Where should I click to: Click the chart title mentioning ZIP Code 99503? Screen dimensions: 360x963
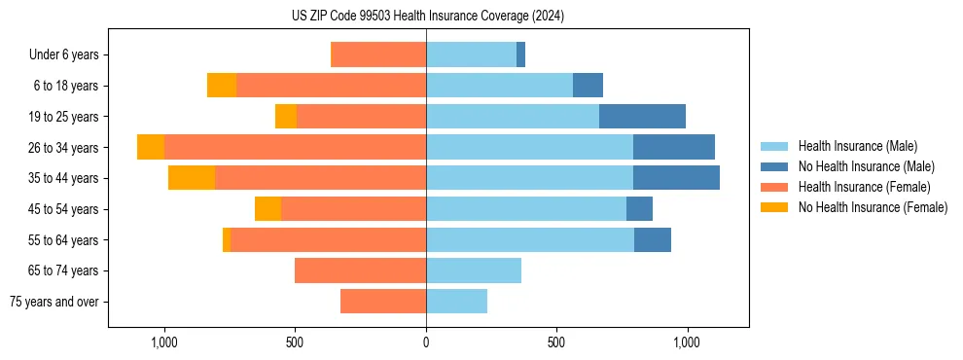pyautogui.click(x=427, y=16)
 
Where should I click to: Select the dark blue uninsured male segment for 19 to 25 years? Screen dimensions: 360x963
pyautogui.click(x=642, y=117)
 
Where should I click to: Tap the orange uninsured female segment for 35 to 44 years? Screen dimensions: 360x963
pyautogui.click(x=192, y=178)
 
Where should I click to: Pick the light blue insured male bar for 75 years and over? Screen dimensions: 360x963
pyautogui.click(x=456, y=302)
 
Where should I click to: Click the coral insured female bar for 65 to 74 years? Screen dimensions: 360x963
pyautogui.click(x=360, y=270)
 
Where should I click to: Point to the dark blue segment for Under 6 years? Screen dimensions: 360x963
pyautogui.click(x=520, y=55)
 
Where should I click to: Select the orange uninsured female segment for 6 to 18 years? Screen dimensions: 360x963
pyautogui.click(x=222, y=86)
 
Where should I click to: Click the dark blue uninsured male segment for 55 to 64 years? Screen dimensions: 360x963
pyautogui.click(x=652, y=240)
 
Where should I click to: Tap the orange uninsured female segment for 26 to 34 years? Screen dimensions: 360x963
pyautogui.click(x=151, y=147)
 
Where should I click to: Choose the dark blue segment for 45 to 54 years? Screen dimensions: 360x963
pyautogui.click(x=639, y=209)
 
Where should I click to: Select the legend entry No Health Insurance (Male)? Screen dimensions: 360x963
pyautogui.click(x=866, y=166)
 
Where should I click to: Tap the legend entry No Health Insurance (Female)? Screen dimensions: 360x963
pyautogui.click(x=873, y=207)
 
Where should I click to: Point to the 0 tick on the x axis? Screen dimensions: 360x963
pyautogui.click(x=426, y=342)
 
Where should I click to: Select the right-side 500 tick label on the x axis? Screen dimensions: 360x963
pyautogui.click(x=556, y=342)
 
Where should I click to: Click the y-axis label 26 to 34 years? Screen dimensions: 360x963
pyautogui.click(x=65, y=148)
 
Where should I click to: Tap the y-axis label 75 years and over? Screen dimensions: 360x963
pyautogui.click(x=54, y=302)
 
